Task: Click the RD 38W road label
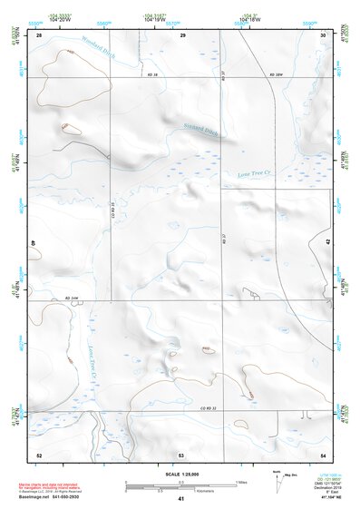pos(277,73)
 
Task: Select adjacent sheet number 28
pos(39,34)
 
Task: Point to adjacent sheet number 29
pos(182,34)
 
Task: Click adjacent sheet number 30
pos(324,34)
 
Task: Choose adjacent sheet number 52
pos(39,454)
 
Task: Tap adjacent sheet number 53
pos(181,454)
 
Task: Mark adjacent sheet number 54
pos(324,454)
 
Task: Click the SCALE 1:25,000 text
pos(181,474)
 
